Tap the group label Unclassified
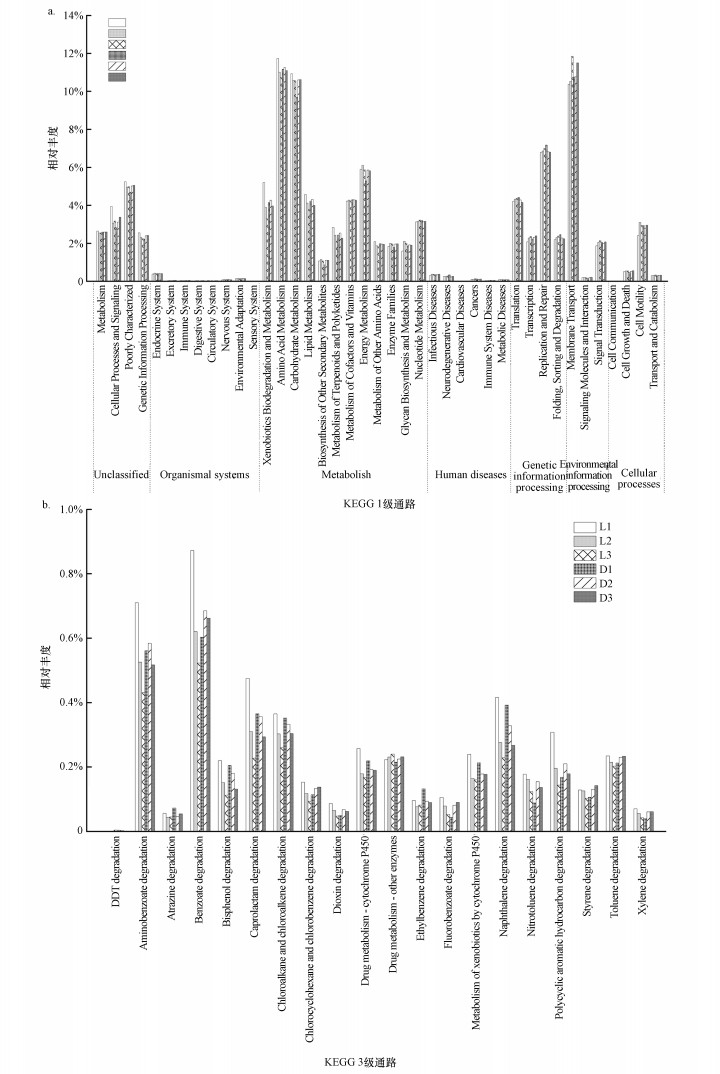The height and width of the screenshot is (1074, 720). pos(120,474)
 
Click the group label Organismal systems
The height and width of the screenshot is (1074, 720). pos(204,474)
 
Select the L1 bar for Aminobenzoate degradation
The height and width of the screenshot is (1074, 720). pos(137,716)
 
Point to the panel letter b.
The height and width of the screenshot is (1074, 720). pos(46,507)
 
